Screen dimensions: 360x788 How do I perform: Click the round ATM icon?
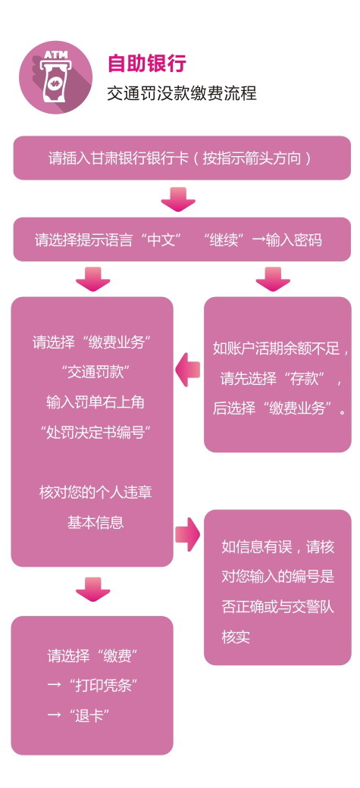[x=56, y=77]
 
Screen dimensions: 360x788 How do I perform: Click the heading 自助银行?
[x=147, y=64]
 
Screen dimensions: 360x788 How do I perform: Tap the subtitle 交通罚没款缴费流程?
[x=181, y=93]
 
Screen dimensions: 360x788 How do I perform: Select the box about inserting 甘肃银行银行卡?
[x=181, y=158]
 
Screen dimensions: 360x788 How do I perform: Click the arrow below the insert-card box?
[x=178, y=199]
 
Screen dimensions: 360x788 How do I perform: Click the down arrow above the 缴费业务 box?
[x=92, y=278]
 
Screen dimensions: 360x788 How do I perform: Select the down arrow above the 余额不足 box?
[x=273, y=278]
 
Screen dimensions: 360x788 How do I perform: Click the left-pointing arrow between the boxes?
[x=187, y=371]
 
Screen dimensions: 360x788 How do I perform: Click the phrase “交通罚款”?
[x=92, y=372]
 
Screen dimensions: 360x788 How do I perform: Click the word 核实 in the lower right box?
[x=236, y=637]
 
